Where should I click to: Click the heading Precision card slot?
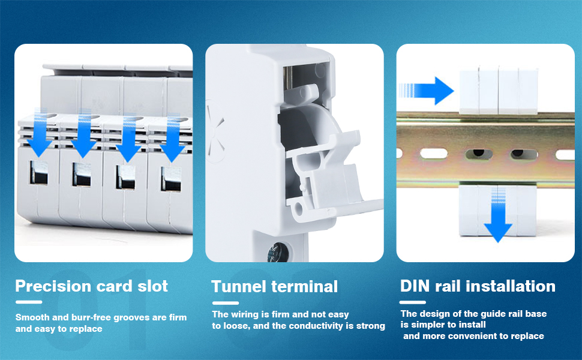[x=92, y=286]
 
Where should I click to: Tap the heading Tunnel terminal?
[x=275, y=286]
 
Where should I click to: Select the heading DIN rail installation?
[x=478, y=286]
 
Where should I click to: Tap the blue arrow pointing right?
[x=427, y=90]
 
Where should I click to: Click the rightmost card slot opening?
[x=170, y=178]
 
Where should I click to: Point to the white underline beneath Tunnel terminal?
[x=225, y=303]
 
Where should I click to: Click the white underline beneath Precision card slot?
[x=29, y=302]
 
